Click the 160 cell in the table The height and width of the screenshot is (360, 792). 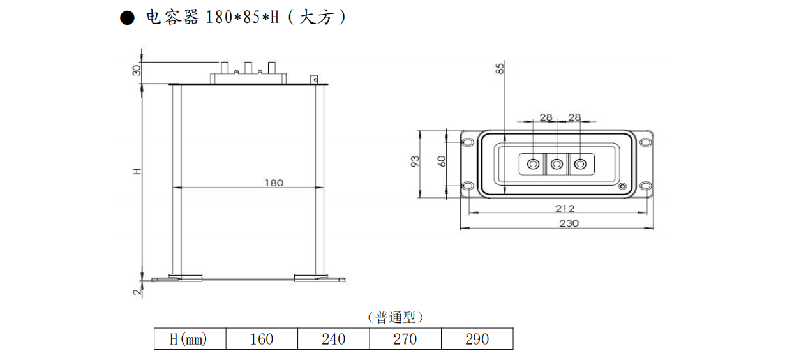pos(262,339)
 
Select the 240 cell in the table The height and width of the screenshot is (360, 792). pos(333,339)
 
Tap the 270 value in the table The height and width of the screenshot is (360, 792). pos(405,339)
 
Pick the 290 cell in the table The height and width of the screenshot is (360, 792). pos(477,339)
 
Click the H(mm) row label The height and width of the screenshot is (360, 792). pos(189,339)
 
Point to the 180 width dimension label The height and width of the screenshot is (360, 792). pos(274,183)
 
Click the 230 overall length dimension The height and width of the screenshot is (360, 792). pos(569,223)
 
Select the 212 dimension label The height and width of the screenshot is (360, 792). pos(565,208)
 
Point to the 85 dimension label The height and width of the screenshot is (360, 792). pos(500,69)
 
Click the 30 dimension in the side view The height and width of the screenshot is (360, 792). pos(136,70)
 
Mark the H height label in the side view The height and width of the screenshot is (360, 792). pos(136,171)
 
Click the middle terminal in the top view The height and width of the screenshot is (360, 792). pos(557,164)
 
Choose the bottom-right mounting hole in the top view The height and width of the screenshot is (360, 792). pos(646,186)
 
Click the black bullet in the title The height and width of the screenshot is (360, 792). pos(128,19)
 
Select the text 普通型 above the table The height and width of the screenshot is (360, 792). pos(396,317)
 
